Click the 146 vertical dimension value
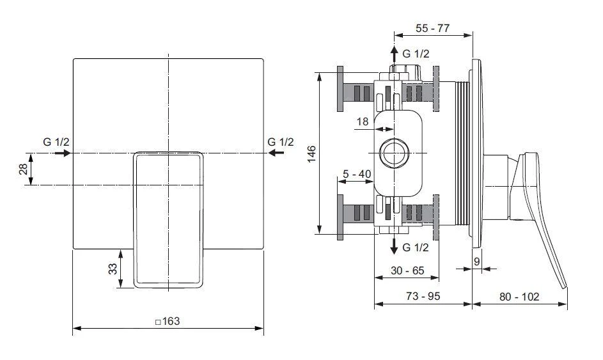tap(311, 154)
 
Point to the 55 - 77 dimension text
tap(434, 29)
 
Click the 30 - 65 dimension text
tap(407, 270)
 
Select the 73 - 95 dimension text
tap(423, 297)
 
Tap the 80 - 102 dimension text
tap(519, 297)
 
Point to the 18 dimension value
tap(362, 121)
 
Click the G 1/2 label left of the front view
tap(56, 141)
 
